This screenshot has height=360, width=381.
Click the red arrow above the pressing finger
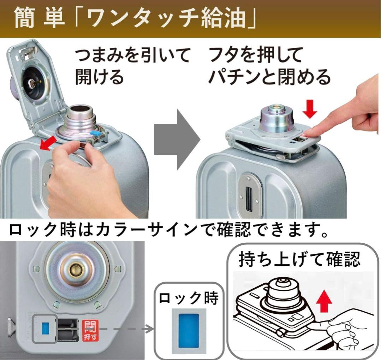click(x=310, y=108)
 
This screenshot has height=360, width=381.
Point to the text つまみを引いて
click(x=132, y=57)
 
